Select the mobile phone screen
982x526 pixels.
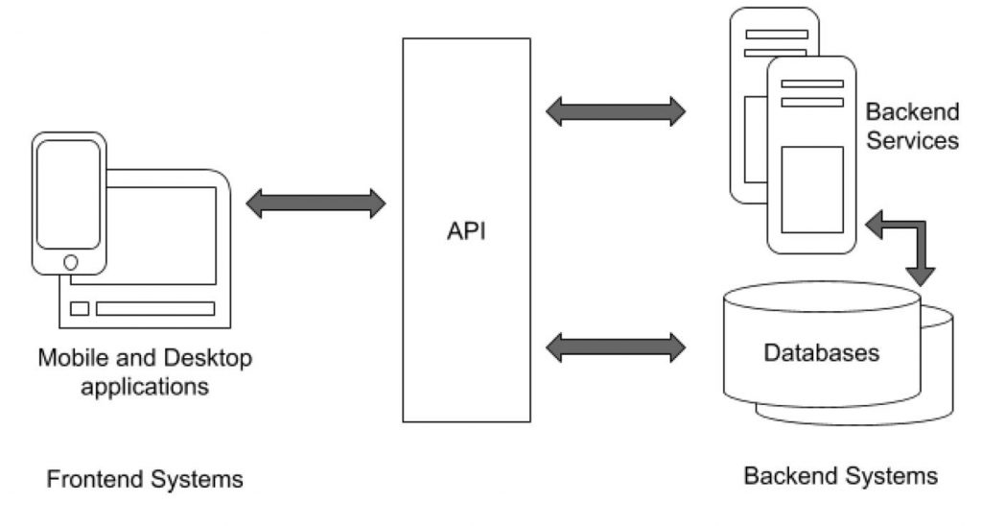[68, 195]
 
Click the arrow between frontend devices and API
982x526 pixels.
[316, 203]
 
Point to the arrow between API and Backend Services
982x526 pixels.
[616, 111]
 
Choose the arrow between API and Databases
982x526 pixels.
[616, 345]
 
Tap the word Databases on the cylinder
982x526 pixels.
[821, 352]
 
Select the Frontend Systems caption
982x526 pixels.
[145, 479]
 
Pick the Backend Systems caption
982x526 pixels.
[841, 475]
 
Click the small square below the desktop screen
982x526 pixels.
[80, 308]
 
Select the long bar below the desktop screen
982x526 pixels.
[154, 308]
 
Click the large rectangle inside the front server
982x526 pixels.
[811, 189]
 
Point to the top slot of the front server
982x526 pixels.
[811, 84]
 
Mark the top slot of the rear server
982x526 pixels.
[776, 34]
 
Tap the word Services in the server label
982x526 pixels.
[910, 140]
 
